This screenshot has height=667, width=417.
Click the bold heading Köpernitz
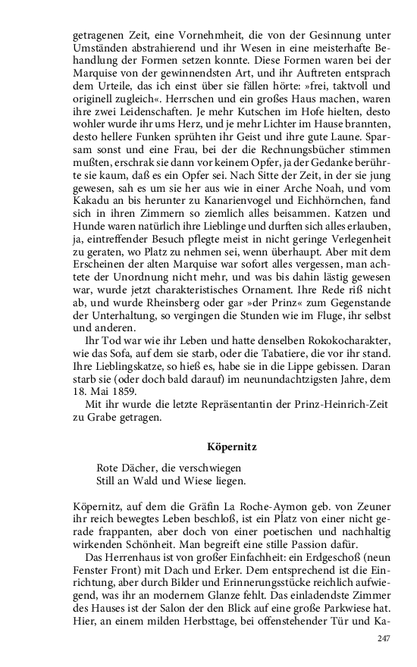click(x=231, y=447)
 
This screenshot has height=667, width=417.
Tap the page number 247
click(x=383, y=639)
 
